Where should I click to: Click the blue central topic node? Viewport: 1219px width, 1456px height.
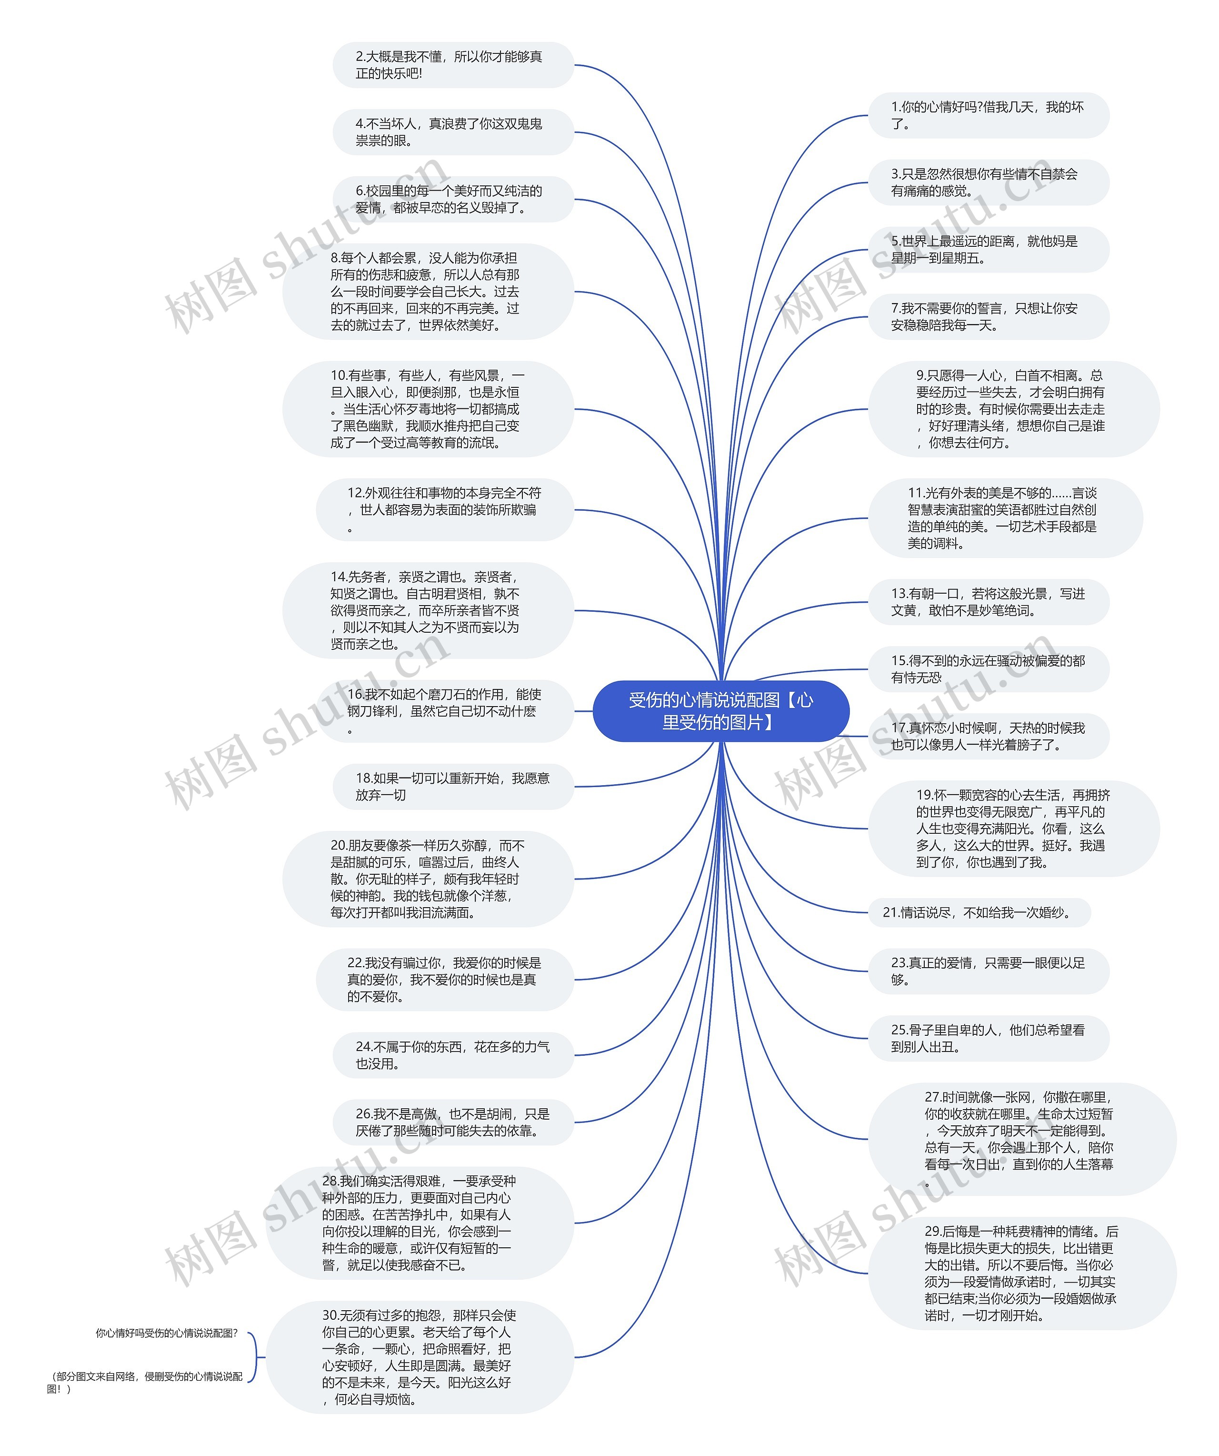[x=721, y=711]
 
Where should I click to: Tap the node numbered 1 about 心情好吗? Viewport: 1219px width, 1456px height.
[x=988, y=115]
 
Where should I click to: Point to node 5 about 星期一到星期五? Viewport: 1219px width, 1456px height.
[x=988, y=250]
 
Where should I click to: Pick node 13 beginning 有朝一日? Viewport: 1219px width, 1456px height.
[x=988, y=602]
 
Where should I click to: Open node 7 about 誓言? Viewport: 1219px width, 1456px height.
[x=988, y=317]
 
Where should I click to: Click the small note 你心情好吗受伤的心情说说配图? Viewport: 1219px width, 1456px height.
[x=166, y=1333]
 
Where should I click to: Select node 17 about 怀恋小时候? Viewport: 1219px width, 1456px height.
[x=988, y=736]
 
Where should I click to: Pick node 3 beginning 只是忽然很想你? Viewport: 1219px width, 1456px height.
[x=988, y=182]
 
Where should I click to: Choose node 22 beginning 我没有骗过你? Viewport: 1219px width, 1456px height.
[x=445, y=979]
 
